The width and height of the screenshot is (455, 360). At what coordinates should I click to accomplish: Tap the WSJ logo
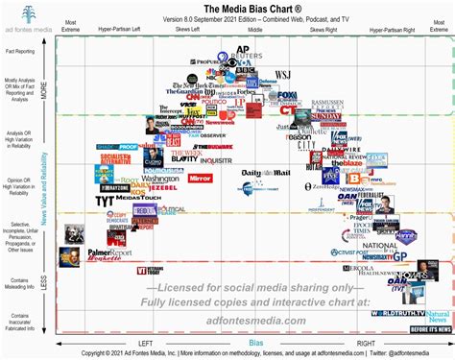pos(283,75)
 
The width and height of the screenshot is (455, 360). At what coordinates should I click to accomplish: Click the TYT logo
pos(106,202)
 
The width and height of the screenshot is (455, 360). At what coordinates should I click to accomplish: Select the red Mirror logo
pos(200,179)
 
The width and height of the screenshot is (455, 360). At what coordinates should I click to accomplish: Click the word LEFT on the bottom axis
pos(145,343)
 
